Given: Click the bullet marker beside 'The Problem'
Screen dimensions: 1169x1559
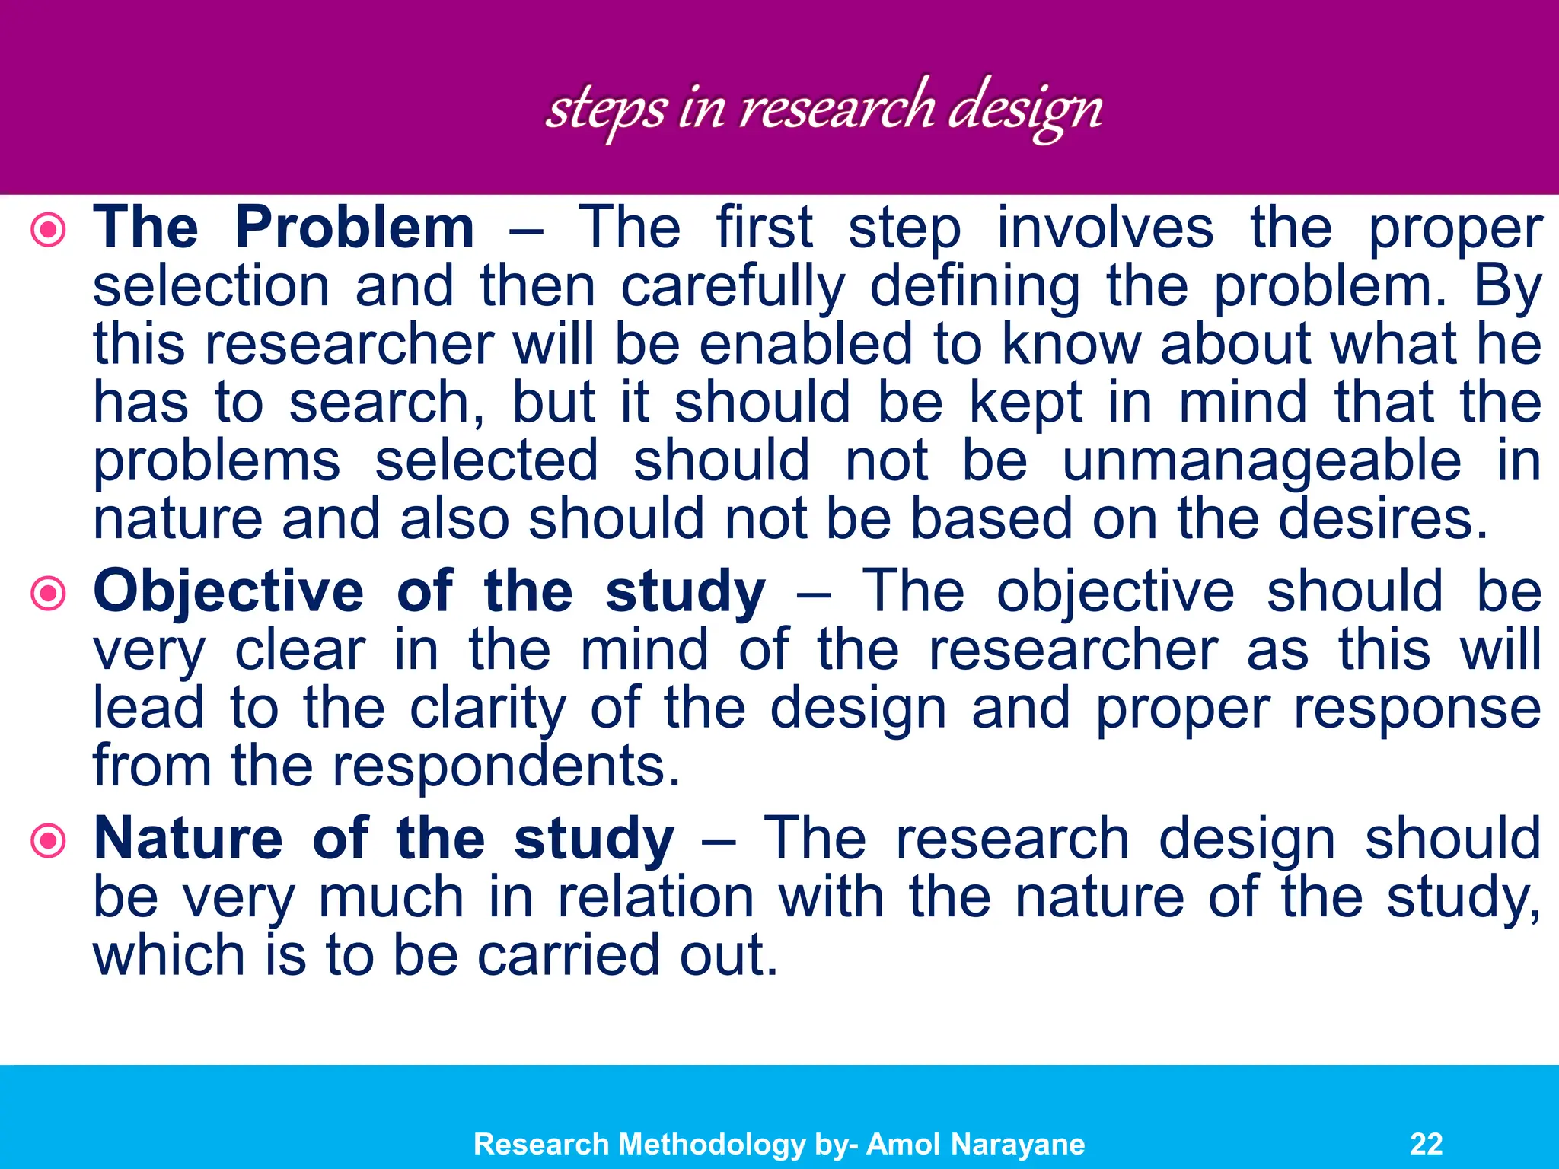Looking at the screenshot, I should (x=49, y=229).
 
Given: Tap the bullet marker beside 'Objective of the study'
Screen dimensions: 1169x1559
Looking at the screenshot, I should (x=49, y=593).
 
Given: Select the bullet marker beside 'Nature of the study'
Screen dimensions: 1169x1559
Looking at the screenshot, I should (x=49, y=841).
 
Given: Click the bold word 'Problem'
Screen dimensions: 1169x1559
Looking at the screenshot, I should (x=355, y=228).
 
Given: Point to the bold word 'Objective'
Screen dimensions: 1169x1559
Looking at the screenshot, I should (x=228, y=593).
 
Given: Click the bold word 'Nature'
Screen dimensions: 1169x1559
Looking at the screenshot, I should (x=188, y=839).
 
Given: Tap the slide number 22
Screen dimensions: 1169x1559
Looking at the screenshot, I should (x=1426, y=1144).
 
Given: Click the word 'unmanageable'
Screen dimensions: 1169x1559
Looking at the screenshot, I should (x=1261, y=462).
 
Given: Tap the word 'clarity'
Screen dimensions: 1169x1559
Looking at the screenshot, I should (x=488, y=709).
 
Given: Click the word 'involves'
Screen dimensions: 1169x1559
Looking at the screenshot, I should (x=1105, y=228).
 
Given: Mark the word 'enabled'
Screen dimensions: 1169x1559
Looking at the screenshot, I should (x=805, y=344).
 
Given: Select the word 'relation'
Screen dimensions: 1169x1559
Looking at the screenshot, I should (x=655, y=898).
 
